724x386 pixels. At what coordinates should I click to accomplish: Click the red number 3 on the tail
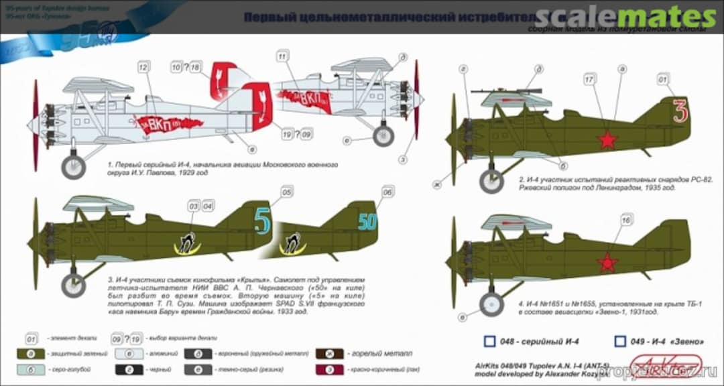click(680, 111)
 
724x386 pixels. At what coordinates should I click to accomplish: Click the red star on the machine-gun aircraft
click(607, 140)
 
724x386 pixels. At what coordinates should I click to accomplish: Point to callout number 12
click(142, 68)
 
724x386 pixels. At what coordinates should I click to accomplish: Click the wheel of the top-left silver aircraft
click(73, 167)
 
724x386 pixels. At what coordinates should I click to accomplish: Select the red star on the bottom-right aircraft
click(607, 263)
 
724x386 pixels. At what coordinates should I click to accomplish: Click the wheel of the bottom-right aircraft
click(491, 304)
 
